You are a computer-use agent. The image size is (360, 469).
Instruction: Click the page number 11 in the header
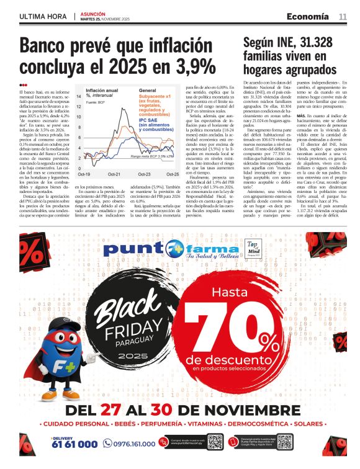pos(343,16)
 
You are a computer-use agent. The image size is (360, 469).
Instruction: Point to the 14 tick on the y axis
pos(79,97)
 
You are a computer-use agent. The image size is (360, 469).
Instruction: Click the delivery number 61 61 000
pos(74,444)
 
